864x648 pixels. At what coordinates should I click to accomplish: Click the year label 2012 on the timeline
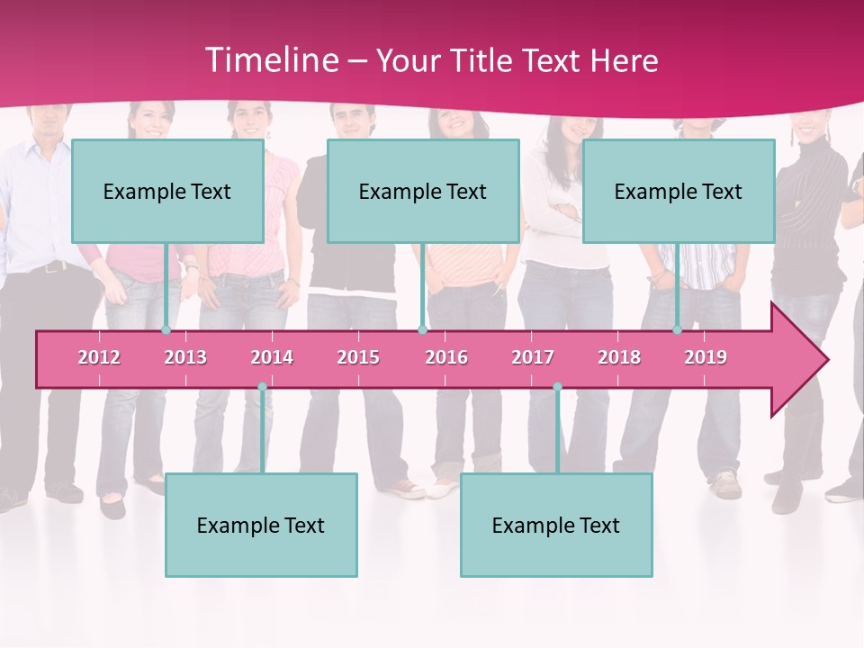click(99, 357)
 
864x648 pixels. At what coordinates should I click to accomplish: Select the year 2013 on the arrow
click(185, 357)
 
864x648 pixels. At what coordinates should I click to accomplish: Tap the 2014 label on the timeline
click(272, 357)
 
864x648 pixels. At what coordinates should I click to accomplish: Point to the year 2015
click(358, 357)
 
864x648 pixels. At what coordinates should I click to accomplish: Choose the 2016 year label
click(446, 357)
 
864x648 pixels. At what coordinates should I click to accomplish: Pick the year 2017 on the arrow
click(533, 357)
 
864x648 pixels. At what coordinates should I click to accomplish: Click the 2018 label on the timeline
click(619, 357)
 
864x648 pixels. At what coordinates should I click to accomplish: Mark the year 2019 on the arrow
click(706, 357)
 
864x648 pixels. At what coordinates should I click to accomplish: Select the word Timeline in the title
click(271, 60)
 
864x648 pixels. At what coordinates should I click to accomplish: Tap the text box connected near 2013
click(167, 191)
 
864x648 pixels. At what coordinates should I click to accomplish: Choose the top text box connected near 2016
click(423, 191)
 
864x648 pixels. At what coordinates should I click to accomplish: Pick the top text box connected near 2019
click(679, 191)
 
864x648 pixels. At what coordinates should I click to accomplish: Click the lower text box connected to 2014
click(261, 525)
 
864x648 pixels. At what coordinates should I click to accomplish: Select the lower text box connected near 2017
click(556, 525)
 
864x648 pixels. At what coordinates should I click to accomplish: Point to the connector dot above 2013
click(166, 330)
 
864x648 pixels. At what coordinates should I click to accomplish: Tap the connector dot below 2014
click(262, 387)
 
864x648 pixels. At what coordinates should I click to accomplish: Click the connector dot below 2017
click(557, 387)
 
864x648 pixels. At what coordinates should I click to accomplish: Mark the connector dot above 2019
click(678, 330)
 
